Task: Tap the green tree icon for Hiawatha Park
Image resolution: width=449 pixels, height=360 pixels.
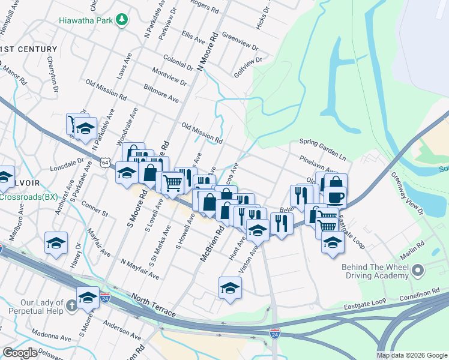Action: [122, 19]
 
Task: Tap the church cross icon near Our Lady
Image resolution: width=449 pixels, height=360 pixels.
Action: [71, 305]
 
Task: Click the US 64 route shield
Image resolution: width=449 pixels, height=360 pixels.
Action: [105, 163]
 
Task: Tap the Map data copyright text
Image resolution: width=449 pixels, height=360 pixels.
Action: [411, 355]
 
